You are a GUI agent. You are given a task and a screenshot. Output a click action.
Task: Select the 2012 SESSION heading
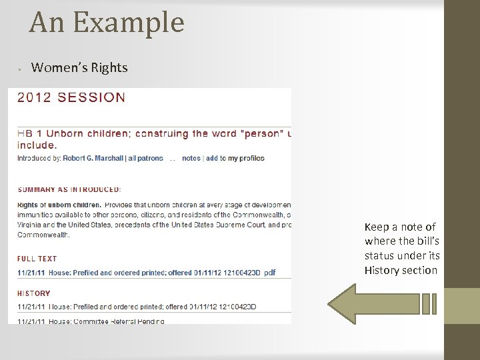(x=71, y=97)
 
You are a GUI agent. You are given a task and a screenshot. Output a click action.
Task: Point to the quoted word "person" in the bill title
(x=259, y=133)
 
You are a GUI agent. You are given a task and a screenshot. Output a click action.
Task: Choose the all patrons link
(x=146, y=158)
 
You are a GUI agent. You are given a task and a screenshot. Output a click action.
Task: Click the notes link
(x=191, y=158)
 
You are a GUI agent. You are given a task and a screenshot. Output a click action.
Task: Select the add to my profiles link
(x=235, y=158)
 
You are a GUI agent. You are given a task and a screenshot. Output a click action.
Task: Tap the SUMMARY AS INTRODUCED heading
(x=69, y=190)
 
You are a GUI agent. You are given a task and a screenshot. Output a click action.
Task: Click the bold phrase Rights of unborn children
(x=59, y=204)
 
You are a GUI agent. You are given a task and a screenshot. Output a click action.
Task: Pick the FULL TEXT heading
(x=37, y=259)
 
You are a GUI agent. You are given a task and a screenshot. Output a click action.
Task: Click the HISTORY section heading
(x=34, y=293)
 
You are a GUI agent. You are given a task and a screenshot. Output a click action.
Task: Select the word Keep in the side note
(x=377, y=227)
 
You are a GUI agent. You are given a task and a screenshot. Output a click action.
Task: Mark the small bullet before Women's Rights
(x=21, y=69)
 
